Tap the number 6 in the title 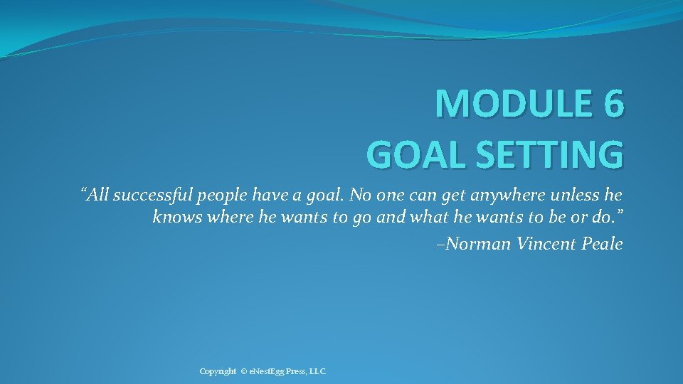point(613,104)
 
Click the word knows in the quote point(177,217)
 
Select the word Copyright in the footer point(218,372)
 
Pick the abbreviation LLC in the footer point(317,372)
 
